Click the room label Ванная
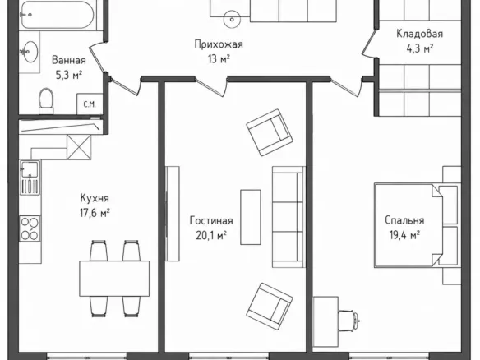point(68,60)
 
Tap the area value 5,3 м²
point(69,75)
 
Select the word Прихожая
point(219,44)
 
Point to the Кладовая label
point(419,34)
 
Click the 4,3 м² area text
point(420,48)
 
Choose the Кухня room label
point(95,198)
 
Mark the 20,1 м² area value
point(211,236)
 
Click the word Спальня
point(404,220)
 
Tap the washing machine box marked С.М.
point(90,104)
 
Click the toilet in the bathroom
point(46,101)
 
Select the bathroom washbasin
point(30,52)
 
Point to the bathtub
point(58,15)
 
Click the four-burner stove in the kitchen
point(30,228)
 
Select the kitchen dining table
point(114,279)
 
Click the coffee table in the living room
point(251,217)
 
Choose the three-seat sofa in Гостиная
point(288,217)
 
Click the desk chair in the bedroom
point(349,321)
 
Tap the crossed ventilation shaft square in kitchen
point(79,147)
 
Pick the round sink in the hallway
point(232,19)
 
